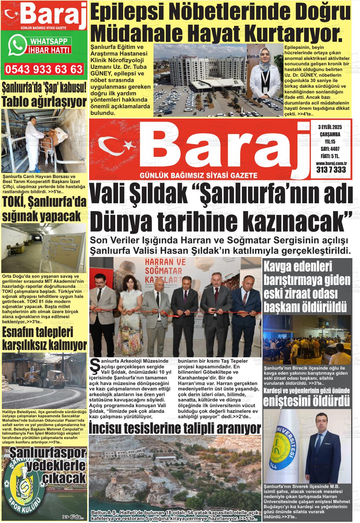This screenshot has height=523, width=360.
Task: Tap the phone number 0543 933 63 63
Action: pyautogui.click(x=44, y=69)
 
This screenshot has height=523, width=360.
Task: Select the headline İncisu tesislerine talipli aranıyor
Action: pyautogui.click(x=175, y=428)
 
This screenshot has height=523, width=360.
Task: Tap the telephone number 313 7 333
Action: pyautogui.click(x=331, y=170)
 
